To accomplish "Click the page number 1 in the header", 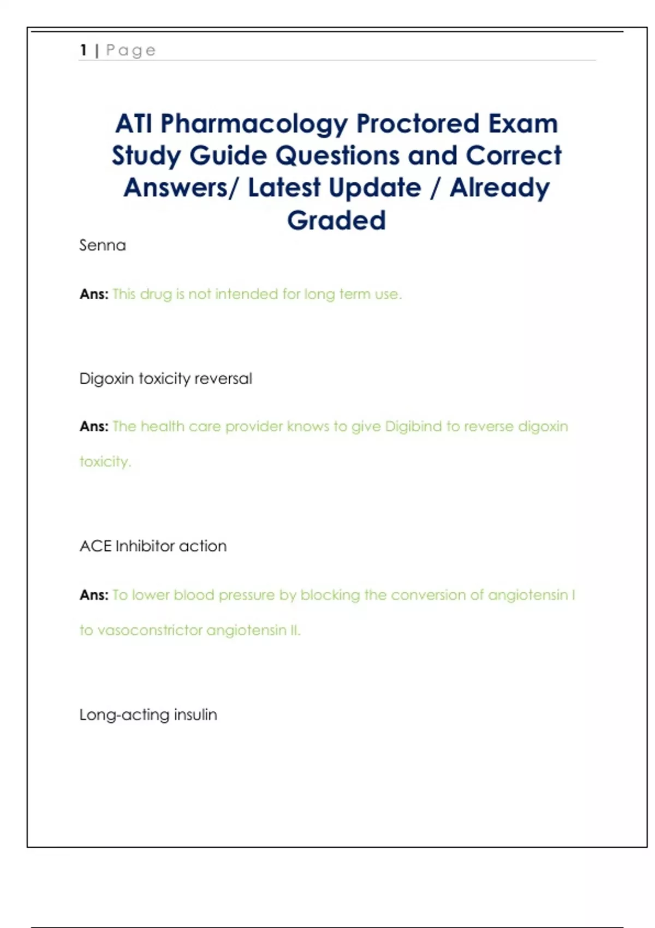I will coord(84,50).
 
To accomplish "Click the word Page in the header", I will coord(130,51).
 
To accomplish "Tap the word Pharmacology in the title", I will coord(254,124).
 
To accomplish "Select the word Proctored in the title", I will coord(418,123).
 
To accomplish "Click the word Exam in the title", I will coord(523,123).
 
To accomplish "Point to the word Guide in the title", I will coord(228,156).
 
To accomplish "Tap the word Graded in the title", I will coord(336,220).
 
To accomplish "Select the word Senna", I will coord(103,245).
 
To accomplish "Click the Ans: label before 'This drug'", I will coord(94,294).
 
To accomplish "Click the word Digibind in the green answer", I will coord(413,426).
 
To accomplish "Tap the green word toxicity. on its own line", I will coord(105,461).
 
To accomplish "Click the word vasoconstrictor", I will coord(150,630).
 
